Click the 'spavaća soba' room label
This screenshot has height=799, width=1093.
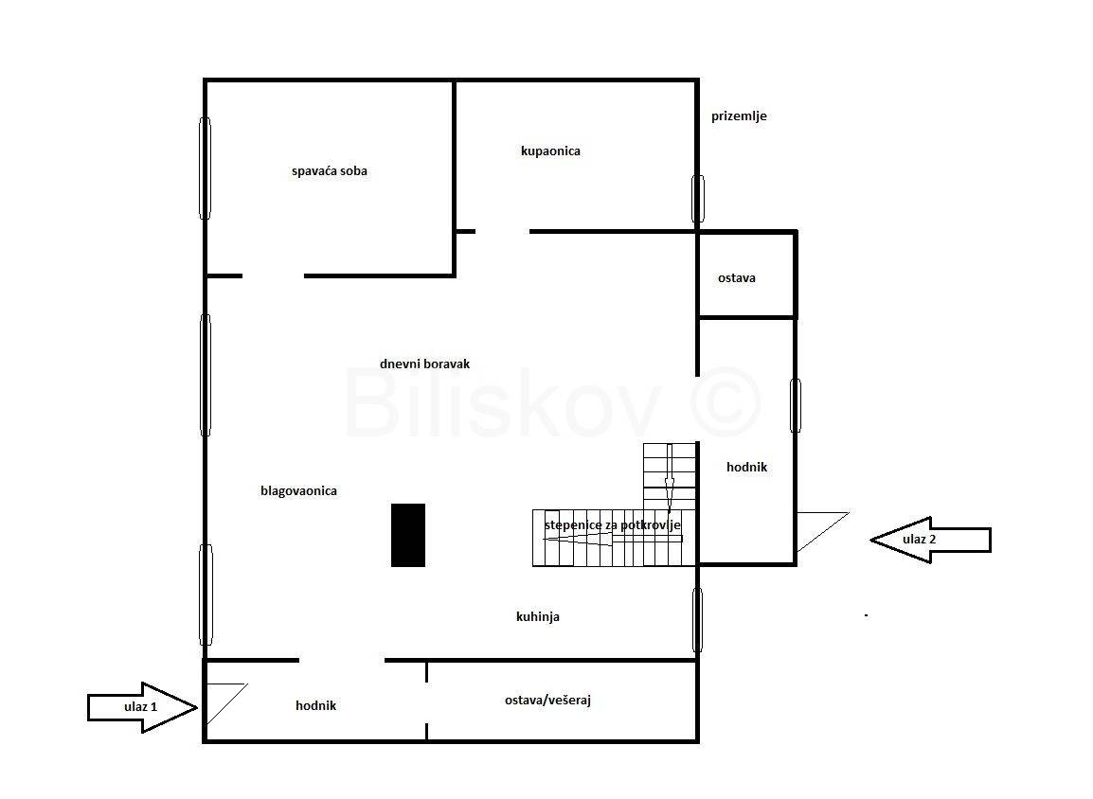pos(329,171)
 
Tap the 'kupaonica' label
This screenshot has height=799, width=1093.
pos(550,151)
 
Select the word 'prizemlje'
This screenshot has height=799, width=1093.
pos(739,116)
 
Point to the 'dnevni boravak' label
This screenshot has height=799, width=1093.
pos(424,364)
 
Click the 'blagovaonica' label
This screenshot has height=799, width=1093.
pos(298,491)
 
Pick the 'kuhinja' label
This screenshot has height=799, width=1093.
pos(537,616)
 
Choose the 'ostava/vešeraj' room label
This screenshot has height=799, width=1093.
pos(547,701)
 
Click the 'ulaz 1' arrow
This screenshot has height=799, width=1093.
pos(142,707)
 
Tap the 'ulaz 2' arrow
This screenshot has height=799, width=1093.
pos(930,540)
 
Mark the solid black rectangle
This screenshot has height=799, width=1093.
pos(408,535)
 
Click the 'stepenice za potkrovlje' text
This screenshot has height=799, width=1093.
pos(612,525)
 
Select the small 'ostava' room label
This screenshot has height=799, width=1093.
pos(737,278)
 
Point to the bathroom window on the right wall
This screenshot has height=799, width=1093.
pos(698,199)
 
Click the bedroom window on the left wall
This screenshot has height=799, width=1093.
pos(205,168)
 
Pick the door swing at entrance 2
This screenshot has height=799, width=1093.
pos(822,532)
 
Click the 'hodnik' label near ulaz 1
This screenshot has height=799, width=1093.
pos(315,705)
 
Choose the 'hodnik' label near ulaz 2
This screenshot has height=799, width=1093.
pos(746,468)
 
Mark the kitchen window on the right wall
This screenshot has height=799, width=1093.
pos(697,620)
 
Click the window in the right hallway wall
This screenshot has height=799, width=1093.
pos(796,405)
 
